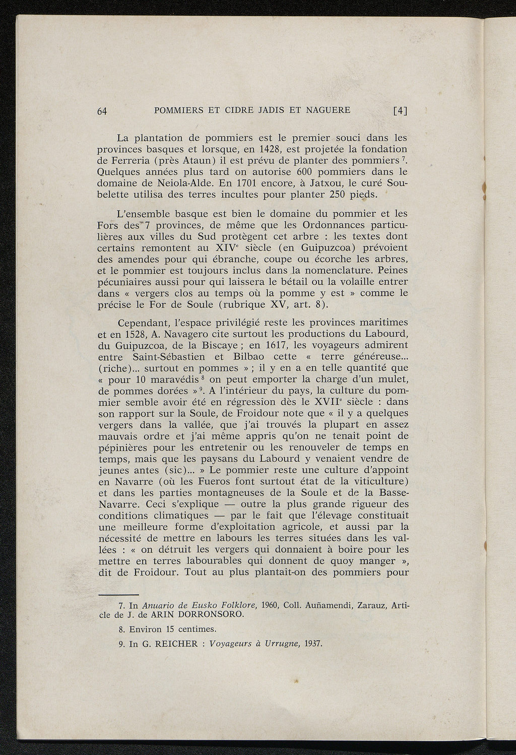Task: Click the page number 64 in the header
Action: [102, 111]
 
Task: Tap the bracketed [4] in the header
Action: [400, 111]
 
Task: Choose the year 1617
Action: [275, 345]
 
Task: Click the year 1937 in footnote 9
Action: [313, 644]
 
